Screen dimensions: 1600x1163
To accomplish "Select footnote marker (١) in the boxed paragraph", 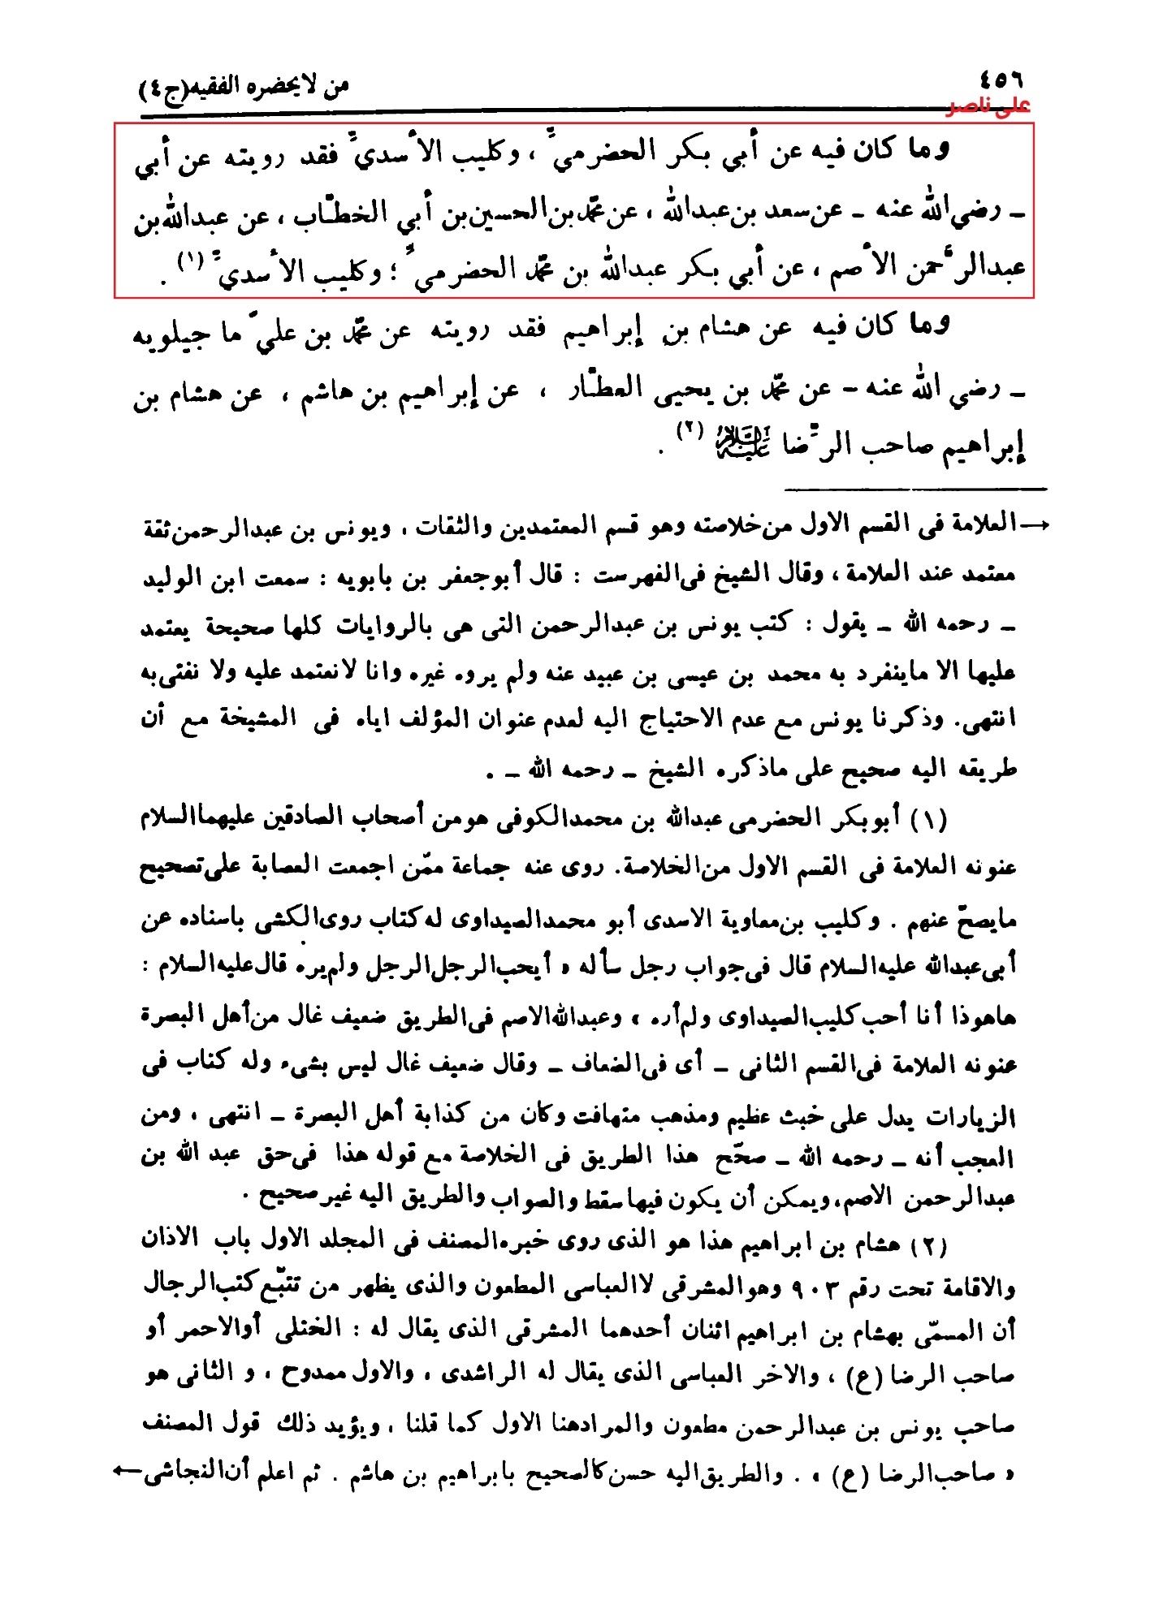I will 189,261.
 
